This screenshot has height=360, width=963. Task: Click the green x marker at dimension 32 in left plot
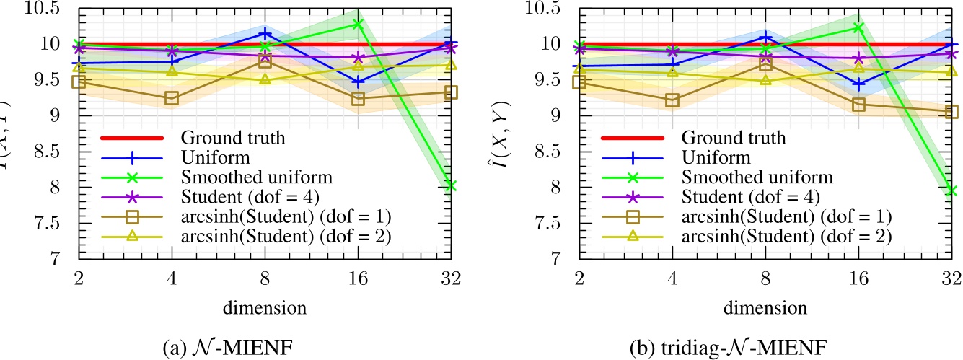pos(452,186)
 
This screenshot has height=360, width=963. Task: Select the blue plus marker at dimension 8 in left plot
pos(265,33)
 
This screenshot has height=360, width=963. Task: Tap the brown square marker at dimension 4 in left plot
pos(172,98)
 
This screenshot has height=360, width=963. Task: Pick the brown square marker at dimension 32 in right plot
pos(951,112)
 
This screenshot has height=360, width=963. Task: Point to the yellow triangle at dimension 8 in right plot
pos(765,79)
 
